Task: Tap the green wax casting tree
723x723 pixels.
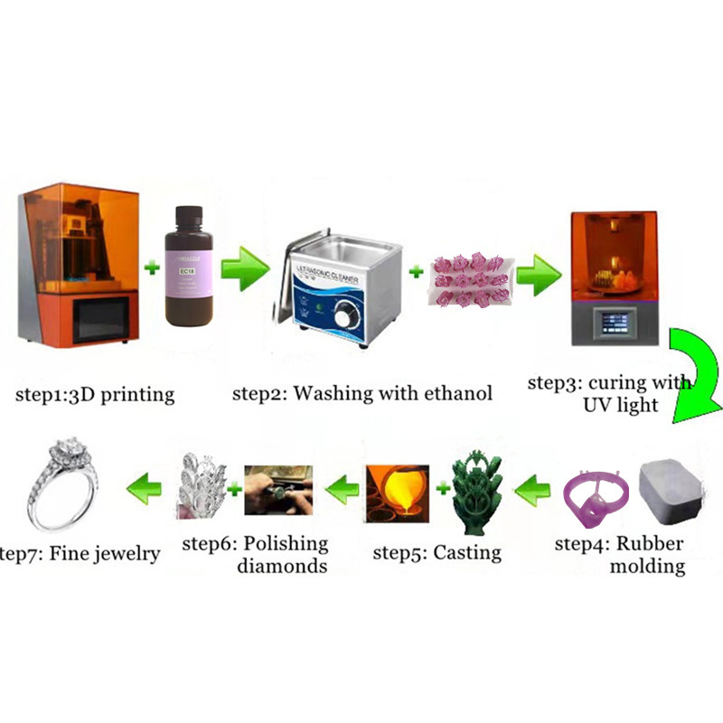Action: pos(482,497)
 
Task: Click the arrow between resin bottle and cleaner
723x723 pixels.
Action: pos(245,268)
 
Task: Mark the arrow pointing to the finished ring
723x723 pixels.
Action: pos(143,492)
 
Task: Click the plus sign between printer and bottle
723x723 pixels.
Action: pos(152,268)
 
